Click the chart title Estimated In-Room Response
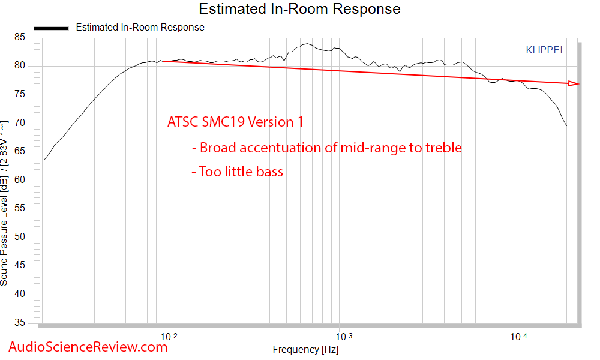[299, 9]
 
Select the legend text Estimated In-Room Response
[140, 28]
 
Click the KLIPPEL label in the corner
[545, 50]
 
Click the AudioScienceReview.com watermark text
[88, 346]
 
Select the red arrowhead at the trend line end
[574, 83]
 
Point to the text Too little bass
[237, 172]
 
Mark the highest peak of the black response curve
[307, 44]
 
